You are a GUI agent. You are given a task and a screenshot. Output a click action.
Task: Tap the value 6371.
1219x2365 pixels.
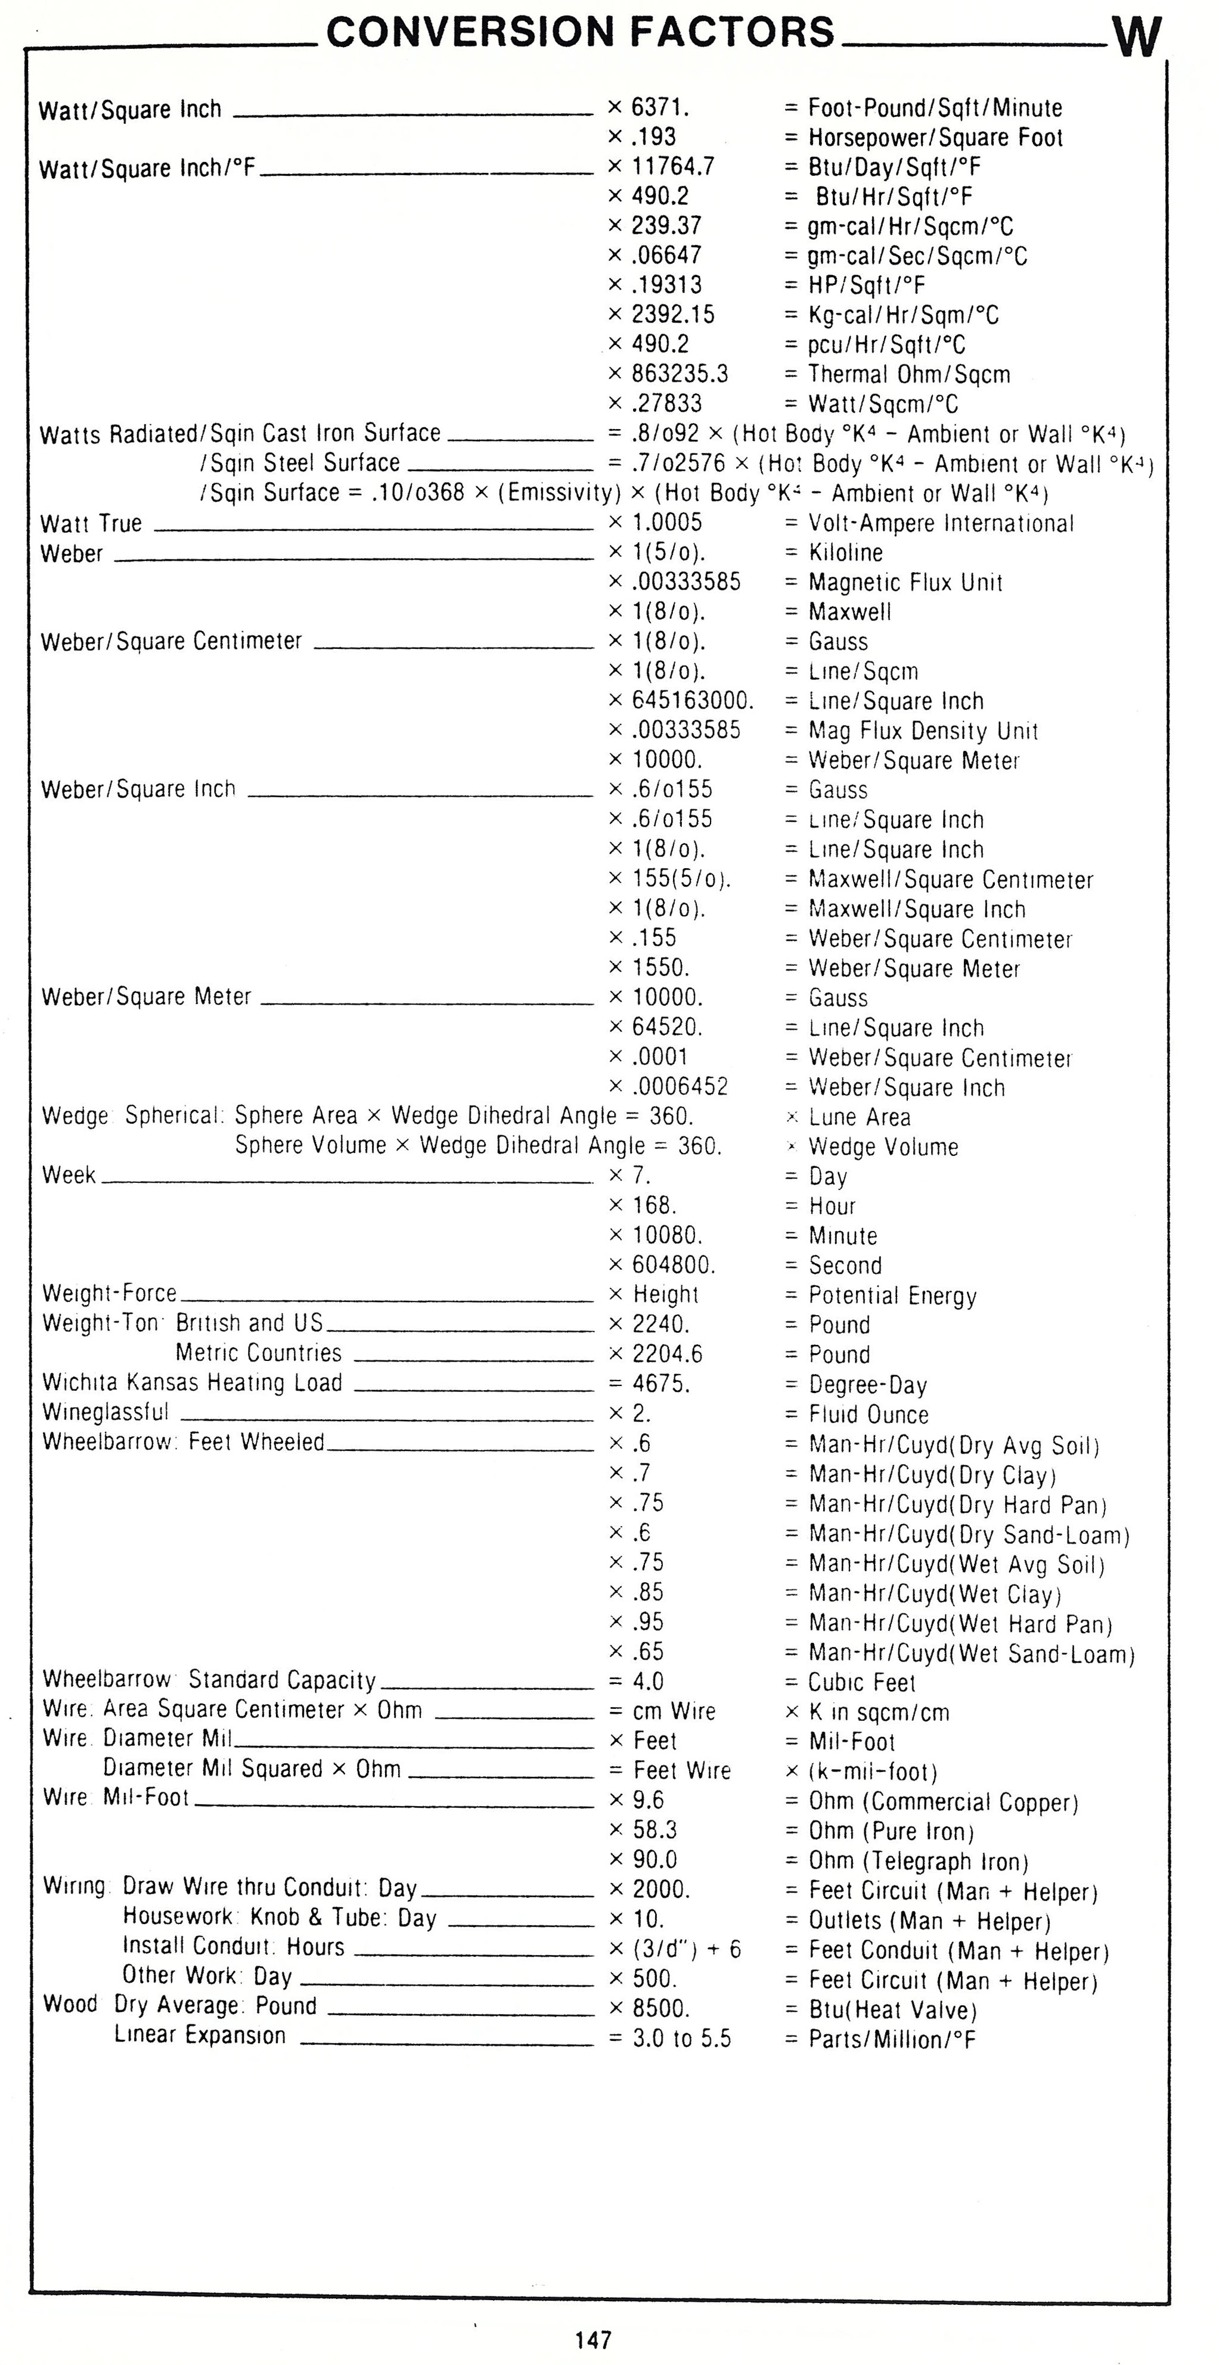[x=659, y=108]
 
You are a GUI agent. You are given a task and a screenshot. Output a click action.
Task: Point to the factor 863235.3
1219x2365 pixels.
[x=680, y=374]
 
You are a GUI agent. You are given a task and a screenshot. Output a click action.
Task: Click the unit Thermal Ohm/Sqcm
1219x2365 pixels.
[x=908, y=375]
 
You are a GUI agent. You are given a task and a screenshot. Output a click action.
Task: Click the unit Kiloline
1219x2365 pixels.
[x=845, y=553]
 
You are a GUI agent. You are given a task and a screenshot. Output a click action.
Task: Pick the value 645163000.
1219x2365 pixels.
[x=691, y=701]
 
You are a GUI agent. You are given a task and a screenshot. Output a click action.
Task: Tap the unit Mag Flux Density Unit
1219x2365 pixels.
[x=922, y=732]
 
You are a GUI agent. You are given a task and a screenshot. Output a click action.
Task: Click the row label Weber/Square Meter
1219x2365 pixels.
[x=146, y=997]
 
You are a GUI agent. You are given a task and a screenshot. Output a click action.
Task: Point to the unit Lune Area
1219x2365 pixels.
[x=859, y=1117]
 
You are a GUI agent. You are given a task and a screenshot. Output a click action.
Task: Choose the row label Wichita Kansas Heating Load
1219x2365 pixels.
[x=192, y=1382]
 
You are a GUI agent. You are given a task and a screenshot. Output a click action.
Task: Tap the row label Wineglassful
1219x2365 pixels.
[x=106, y=1412]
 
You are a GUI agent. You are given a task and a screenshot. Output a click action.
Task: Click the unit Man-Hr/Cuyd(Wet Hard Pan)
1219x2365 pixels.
[x=960, y=1624]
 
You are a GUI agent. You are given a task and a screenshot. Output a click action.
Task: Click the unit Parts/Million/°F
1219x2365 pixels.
[x=891, y=2039]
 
